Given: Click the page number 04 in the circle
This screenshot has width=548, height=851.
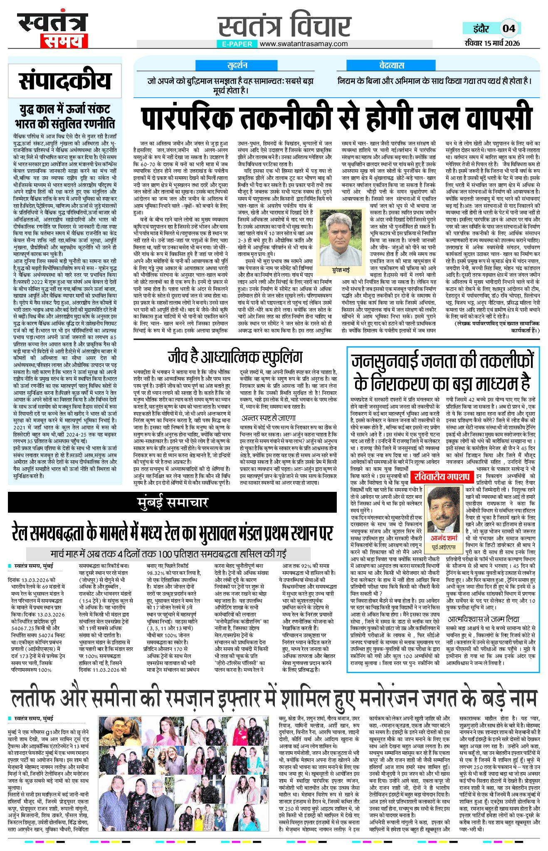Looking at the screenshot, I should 509,28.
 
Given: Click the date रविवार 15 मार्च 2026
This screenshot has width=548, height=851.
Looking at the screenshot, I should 493,43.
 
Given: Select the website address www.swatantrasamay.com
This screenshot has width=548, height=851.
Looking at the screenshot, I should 304,44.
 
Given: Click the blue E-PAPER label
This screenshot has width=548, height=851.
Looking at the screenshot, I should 237,44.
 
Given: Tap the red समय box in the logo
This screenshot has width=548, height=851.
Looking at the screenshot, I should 64,41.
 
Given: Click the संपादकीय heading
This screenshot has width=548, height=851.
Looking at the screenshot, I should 65,81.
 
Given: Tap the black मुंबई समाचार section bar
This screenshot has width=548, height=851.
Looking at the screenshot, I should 172,502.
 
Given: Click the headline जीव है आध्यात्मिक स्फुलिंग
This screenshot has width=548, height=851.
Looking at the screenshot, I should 235,357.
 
